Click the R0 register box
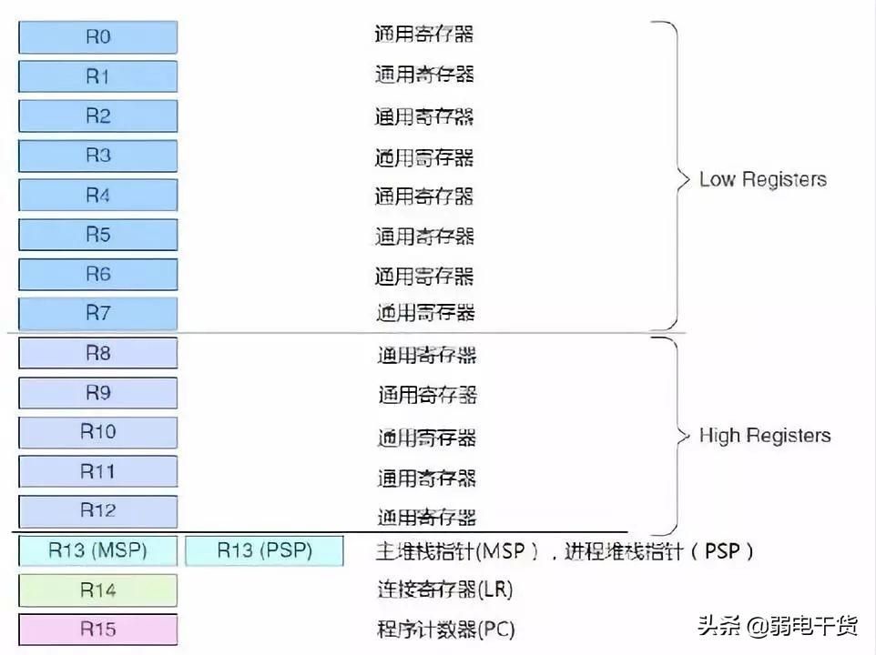click(97, 37)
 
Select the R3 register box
click(97, 156)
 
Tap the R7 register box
click(97, 313)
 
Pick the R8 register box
click(97, 353)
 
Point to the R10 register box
click(97, 431)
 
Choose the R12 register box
click(97, 510)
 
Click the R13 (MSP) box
click(97, 550)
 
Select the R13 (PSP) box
click(264, 550)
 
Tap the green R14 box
click(97, 589)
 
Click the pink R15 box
click(97, 629)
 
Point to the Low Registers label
click(762, 179)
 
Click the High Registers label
click(764, 436)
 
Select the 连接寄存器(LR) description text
click(444, 589)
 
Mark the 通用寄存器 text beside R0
click(423, 35)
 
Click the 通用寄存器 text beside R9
click(427, 394)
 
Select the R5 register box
click(97, 235)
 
